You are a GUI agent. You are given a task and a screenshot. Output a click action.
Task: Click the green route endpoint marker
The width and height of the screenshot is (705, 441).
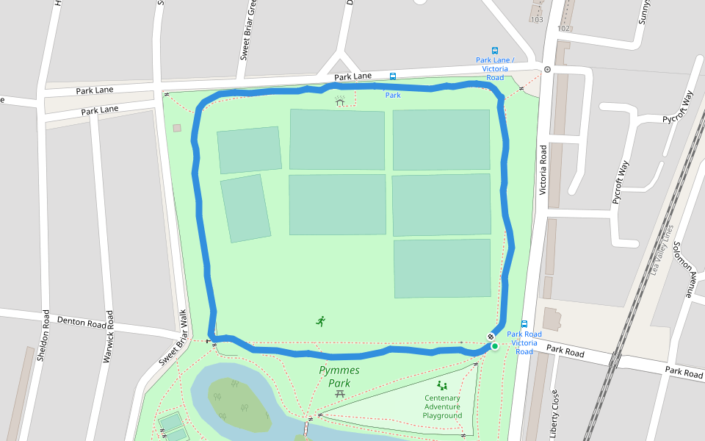(x=495, y=346)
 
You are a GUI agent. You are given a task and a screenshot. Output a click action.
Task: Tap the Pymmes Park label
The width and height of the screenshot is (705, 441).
(x=339, y=376)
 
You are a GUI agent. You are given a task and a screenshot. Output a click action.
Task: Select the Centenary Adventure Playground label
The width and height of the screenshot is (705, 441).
(x=442, y=407)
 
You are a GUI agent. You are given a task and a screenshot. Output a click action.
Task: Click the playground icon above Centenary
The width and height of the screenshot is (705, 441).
(x=442, y=385)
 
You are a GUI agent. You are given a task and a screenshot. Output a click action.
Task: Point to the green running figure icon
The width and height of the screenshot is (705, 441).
(x=320, y=320)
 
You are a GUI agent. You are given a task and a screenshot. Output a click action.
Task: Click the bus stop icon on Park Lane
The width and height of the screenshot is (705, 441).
(x=393, y=76)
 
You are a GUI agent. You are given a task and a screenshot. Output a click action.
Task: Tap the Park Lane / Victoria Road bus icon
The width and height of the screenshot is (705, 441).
(x=495, y=51)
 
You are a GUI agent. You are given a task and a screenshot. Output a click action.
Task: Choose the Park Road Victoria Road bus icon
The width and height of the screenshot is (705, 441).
(x=524, y=323)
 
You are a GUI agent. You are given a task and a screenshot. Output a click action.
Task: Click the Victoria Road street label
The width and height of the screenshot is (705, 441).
(x=543, y=170)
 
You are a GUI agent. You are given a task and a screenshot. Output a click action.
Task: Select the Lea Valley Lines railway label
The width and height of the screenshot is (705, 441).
(x=659, y=250)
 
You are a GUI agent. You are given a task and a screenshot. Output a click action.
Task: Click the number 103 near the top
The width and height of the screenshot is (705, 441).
(x=536, y=19)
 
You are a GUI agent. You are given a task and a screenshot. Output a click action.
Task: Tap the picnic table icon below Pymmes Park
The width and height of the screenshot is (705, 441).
(x=339, y=394)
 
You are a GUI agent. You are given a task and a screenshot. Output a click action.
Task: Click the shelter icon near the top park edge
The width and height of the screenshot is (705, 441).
(x=339, y=101)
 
